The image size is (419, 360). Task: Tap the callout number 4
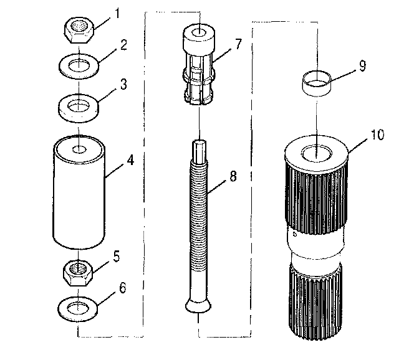tap(130, 160)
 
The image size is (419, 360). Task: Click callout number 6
tap(122, 289)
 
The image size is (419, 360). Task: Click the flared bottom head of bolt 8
tap(199, 305)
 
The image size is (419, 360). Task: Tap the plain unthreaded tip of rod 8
tap(199, 149)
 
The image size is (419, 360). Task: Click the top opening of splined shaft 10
tap(317, 152)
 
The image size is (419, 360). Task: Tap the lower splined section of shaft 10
tap(317, 299)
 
